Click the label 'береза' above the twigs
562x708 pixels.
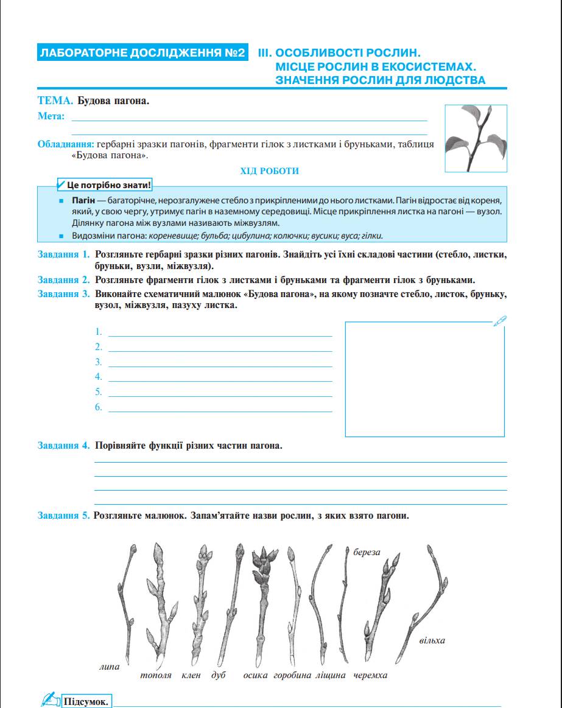[367, 553]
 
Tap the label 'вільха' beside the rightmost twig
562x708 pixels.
[432, 640]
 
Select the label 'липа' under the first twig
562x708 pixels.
[110, 667]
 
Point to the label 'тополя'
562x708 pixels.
[156, 676]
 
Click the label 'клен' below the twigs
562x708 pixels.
[191, 676]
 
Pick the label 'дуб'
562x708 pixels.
[219, 676]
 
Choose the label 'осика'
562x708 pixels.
[256, 676]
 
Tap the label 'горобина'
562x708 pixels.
[292, 676]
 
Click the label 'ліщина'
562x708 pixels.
[331, 676]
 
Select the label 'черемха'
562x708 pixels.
[370, 676]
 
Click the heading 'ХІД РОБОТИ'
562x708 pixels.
[270, 171]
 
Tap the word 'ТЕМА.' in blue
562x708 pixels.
[55, 101]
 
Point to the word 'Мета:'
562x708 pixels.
[51, 116]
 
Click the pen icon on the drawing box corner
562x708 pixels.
[501, 320]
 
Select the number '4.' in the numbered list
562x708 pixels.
[99, 377]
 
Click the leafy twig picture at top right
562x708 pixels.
[476, 139]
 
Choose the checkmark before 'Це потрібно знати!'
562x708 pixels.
[60, 184]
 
